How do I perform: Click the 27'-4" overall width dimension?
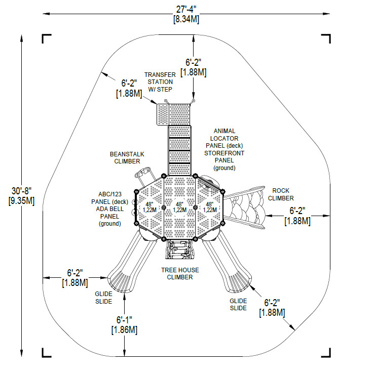pyautogui.click(x=186, y=14)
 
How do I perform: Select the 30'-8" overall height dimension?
pyautogui.click(x=22, y=196)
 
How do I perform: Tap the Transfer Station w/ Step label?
pyautogui.click(x=160, y=82)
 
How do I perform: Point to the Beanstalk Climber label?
pyautogui.click(x=127, y=158)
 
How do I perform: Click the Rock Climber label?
pyautogui.click(x=281, y=194)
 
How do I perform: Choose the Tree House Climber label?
pyautogui.click(x=180, y=274)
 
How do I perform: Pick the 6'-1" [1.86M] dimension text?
pyautogui.click(x=124, y=325)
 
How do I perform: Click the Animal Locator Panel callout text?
pyautogui.click(x=224, y=149)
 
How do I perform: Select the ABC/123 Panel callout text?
pyautogui.click(x=109, y=209)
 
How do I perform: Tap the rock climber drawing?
pyautogui.click(x=245, y=207)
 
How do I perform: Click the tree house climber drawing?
pyautogui.click(x=179, y=249)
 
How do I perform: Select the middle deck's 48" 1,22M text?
pyautogui.click(x=179, y=207)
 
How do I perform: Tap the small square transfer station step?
pyautogui.click(x=163, y=114)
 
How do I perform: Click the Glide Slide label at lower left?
pyautogui.click(x=103, y=298)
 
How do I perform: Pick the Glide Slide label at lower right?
pyautogui.click(x=238, y=304)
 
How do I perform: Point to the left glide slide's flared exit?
pyautogui.click(x=121, y=280)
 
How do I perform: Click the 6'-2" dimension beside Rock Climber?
pyautogui.click(x=297, y=216)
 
